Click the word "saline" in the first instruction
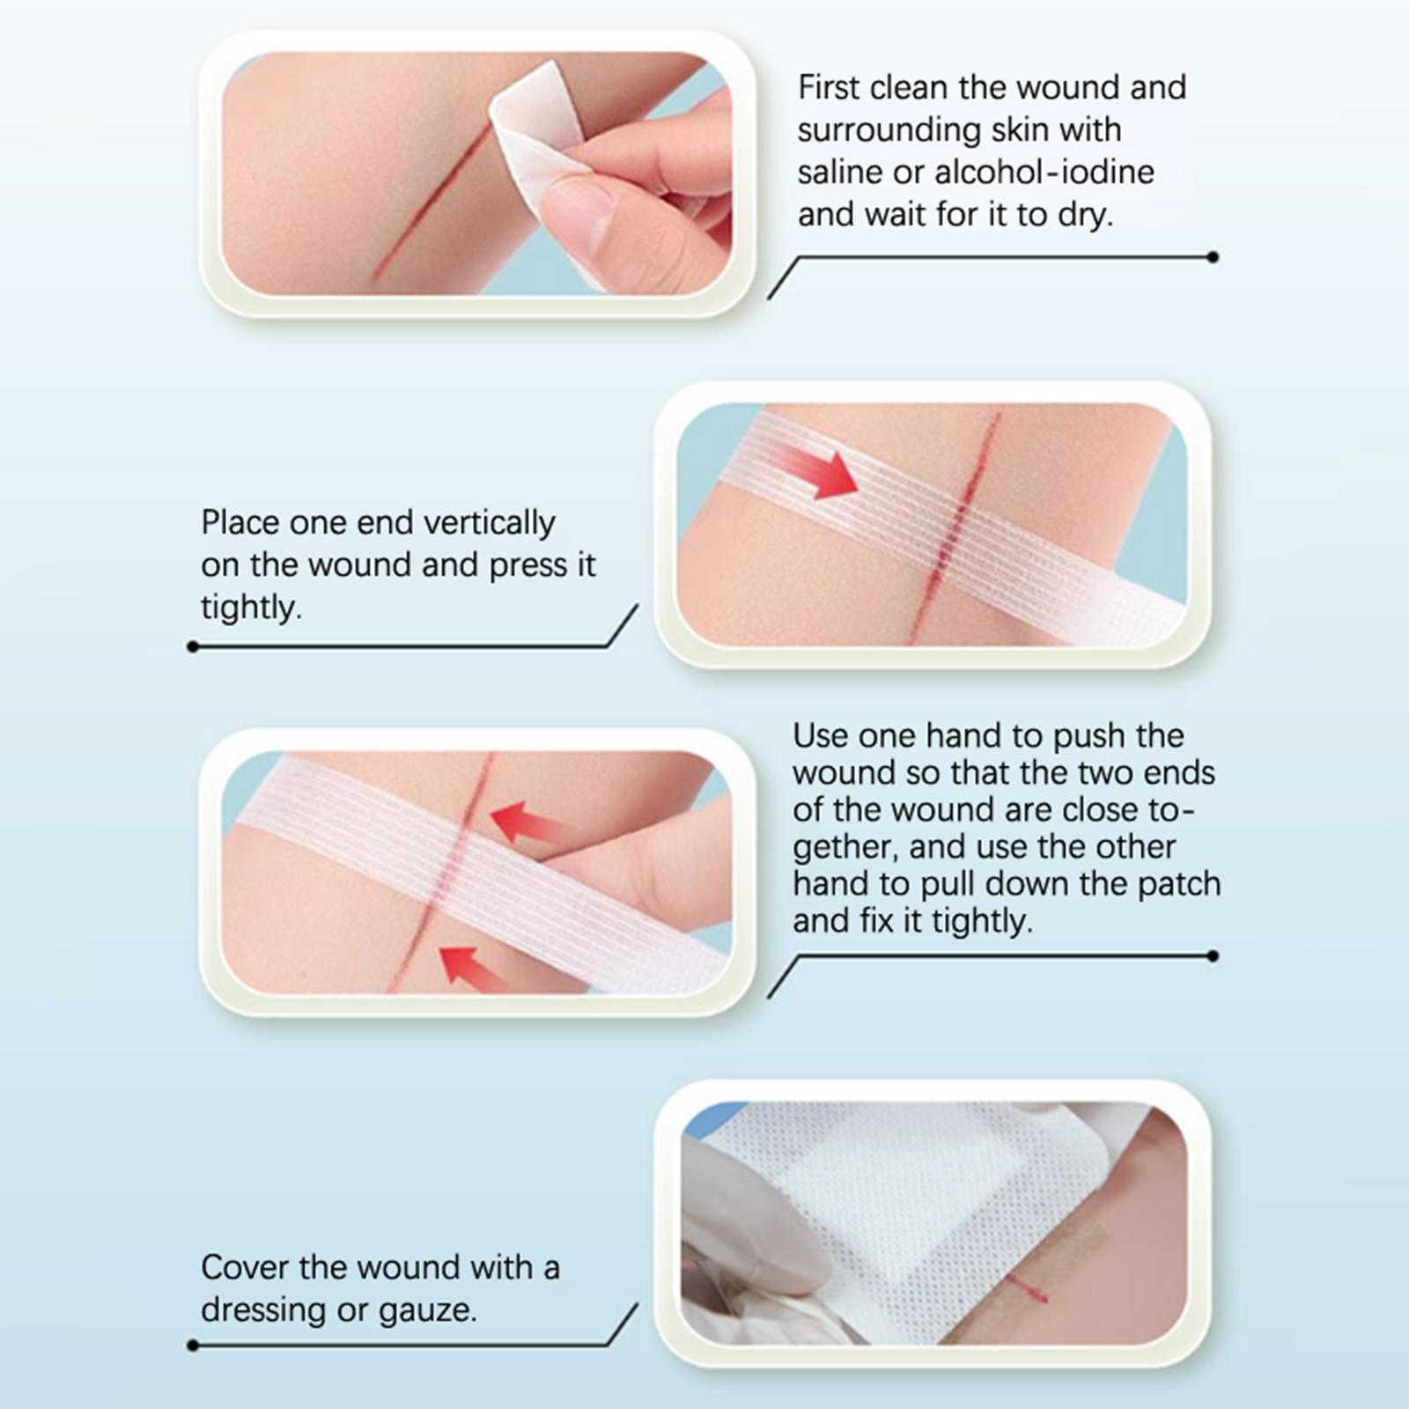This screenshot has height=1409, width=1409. tap(840, 172)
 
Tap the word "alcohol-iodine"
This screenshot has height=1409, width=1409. tap(1044, 172)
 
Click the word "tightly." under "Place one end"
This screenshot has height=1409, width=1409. tap(251, 608)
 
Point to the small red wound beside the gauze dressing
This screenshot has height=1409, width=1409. tap(1028, 1290)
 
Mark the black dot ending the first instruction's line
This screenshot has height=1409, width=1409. tap(1214, 257)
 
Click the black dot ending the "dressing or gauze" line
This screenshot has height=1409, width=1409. tap(193, 1346)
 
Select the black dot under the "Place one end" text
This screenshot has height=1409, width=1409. tap(193, 647)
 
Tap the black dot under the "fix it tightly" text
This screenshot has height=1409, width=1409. tap(1214, 955)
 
